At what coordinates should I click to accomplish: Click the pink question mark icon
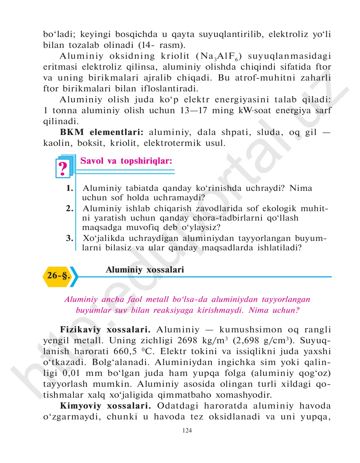[63, 168]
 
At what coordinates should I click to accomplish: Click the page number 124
[187, 431]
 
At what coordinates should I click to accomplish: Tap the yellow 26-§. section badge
[58, 276]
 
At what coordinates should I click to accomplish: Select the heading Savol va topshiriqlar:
[126, 161]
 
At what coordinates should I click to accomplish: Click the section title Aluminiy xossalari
[145, 270]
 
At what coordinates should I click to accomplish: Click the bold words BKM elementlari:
[102, 132]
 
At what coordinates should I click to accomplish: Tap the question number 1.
[70, 188]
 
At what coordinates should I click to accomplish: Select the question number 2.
[70, 209]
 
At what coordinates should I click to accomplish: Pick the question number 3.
[70, 238]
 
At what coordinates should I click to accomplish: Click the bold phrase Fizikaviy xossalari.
[105, 329]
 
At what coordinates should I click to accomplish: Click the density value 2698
[187, 340]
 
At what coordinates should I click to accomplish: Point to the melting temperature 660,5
[126, 351]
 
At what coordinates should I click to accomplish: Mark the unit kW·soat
[255, 110]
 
